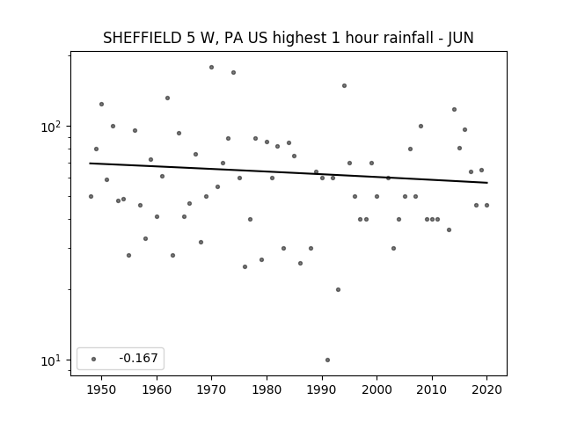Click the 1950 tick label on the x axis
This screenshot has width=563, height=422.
[x=102, y=389]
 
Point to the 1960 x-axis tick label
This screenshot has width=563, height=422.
[x=157, y=389]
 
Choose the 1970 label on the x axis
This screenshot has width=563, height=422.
[x=211, y=389]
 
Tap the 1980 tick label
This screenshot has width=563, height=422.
[x=267, y=389]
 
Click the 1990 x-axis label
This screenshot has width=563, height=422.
[x=322, y=389]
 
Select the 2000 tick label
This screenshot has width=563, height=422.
[x=377, y=389]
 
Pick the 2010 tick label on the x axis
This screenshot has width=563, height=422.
[x=432, y=389]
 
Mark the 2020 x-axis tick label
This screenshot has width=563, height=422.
[x=486, y=389]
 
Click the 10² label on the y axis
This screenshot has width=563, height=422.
[x=51, y=127]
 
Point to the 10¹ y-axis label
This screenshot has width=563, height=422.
[x=51, y=360]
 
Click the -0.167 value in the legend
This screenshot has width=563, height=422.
[x=138, y=358]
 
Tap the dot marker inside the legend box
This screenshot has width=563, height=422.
[x=94, y=359]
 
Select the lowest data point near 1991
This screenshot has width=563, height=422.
[x=327, y=360]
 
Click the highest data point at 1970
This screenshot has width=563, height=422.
[x=211, y=67]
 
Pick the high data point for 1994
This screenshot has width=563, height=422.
[x=344, y=86]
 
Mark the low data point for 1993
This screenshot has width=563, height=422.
[x=338, y=289]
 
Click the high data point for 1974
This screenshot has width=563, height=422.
[x=233, y=72]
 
